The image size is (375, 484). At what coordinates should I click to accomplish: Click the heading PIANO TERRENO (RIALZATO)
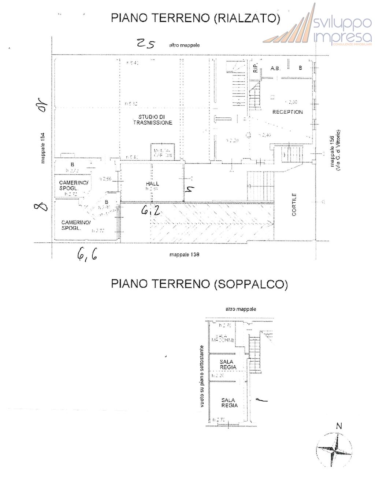[x=196, y=18]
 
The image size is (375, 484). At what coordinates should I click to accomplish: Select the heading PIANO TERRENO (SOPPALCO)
[x=199, y=284]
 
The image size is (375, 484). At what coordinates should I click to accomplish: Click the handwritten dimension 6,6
[x=87, y=254]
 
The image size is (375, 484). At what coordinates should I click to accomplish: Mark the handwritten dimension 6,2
[x=151, y=210]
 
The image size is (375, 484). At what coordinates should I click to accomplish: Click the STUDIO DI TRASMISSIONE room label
[x=152, y=120]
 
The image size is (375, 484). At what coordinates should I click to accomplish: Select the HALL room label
[x=152, y=184]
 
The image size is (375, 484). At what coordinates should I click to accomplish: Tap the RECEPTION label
[x=287, y=112]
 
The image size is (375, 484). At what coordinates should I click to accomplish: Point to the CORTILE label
[x=295, y=205]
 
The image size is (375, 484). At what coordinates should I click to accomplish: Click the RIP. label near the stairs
[x=255, y=67]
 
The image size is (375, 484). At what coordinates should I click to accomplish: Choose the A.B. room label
[x=275, y=68]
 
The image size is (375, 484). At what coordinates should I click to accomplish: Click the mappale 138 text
[x=184, y=254]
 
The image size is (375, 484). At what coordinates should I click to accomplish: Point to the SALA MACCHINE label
[x=222, y=338]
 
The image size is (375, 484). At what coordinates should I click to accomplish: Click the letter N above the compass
[x=339, y=426]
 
